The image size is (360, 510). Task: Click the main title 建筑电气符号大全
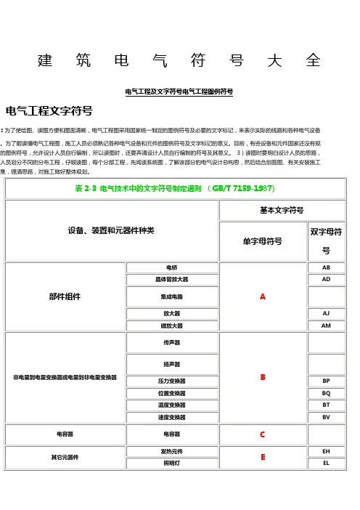pos(179,60)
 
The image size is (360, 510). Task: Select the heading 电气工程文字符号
pos(49,111)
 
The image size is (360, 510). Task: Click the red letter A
pos(262,297)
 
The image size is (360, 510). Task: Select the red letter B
pos(262,378)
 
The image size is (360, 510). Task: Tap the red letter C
pos(262,434)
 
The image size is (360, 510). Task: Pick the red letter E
pos(262,457)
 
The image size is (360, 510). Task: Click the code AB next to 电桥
pos(326,267)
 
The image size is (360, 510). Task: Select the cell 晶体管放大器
pos(171,279)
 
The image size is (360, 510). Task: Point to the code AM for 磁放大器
pos(326,325)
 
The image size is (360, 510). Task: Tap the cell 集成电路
pos(171,296)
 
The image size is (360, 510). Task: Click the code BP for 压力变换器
pos(326,381)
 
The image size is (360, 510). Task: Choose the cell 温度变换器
pos(171,405)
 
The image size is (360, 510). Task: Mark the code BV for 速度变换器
pos(326,417)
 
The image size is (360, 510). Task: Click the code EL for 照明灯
pos(326,463)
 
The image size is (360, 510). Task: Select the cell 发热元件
pos(171,451)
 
